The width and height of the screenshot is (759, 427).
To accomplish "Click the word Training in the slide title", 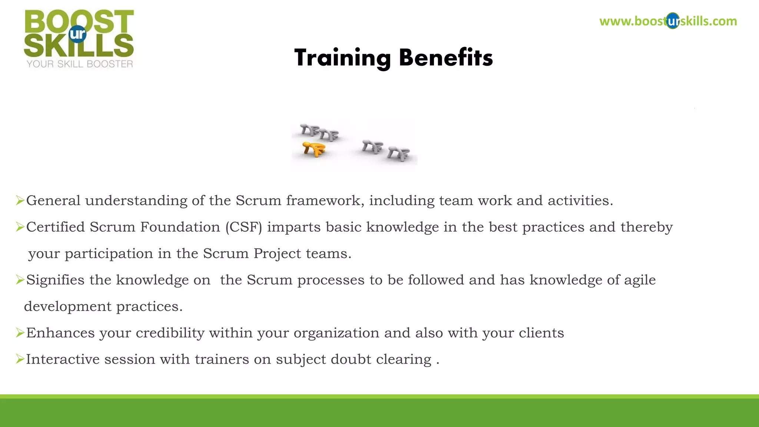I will [342, 58].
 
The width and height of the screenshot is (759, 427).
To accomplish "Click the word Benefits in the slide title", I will [446, 58].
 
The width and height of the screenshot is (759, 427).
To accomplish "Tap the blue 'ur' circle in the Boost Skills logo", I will [78, 34].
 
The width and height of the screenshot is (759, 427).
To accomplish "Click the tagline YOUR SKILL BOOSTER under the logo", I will [80, 64].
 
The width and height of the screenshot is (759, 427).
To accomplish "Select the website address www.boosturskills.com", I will [668, 21].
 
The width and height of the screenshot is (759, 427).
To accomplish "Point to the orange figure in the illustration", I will [314, 149].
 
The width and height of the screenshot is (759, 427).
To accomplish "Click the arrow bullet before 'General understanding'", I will [20, 201].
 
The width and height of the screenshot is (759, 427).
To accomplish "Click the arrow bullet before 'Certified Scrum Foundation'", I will [20, 227].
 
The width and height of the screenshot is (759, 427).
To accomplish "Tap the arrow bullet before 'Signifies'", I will [20, 280].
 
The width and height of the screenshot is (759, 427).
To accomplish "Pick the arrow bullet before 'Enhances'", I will [20, 333].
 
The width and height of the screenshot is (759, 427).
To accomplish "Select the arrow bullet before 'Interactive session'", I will [20, 359].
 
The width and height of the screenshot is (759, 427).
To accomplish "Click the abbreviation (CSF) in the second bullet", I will [243, 227].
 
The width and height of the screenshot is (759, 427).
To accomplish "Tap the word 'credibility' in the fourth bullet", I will [170, 333].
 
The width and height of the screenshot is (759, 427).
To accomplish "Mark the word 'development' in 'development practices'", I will [67, 307].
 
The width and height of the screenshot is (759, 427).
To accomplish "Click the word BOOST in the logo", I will [79, 21].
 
